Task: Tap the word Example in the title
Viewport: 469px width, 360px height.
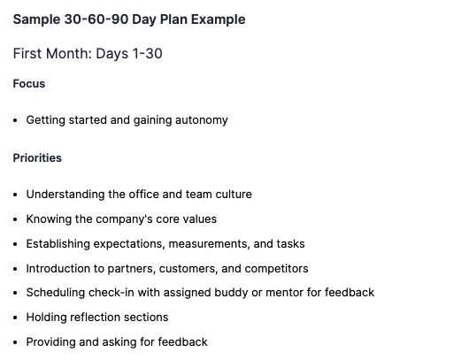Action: [217, 19]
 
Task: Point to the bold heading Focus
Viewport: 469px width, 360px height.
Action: [29, 84]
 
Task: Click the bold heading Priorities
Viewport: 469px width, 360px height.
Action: [37, 158]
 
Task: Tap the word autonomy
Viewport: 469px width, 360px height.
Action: [199, 120]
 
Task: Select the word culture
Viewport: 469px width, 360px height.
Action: [232, 195]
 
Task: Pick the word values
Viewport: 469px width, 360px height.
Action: [199, 219]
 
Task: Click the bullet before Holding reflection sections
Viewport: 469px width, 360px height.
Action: [16, 318]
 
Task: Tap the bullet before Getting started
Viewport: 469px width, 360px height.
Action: [16, 120]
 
